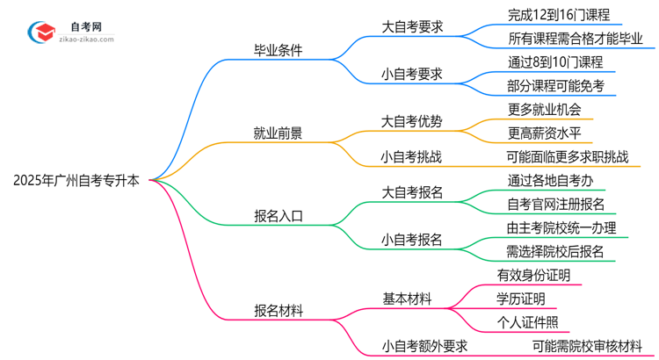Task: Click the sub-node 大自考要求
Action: [x=411, y=26]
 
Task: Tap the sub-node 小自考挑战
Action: [x=411, y=157]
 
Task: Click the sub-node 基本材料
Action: [x=405, y=299]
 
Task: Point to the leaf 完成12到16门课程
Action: [x=558, y=15]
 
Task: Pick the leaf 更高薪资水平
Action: [x=545, y=133]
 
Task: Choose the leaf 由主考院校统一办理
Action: [x=561, y=227]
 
